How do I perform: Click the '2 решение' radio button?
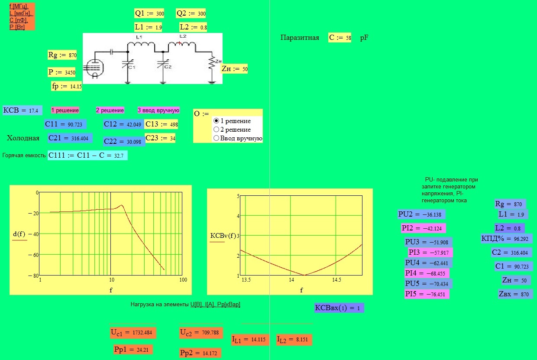[216, 130]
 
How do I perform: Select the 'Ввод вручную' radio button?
[216, 138]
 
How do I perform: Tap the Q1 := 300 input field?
[149, 13]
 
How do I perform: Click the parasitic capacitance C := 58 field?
[340, 38]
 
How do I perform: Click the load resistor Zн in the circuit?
[212, 63]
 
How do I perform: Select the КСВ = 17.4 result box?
[23, 110]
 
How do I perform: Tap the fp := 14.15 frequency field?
[67, 86]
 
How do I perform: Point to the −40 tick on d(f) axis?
[34, 234]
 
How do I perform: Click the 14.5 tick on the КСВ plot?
[336, 280]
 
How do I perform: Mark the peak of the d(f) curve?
[122, 205]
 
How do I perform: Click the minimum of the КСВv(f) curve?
[304, 275]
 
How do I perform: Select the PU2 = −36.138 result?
[421, 214]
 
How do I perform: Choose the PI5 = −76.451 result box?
[427, 294]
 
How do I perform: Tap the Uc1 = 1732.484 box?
[133, 333]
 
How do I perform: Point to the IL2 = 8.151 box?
[294, 340]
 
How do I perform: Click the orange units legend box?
[22, 16]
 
